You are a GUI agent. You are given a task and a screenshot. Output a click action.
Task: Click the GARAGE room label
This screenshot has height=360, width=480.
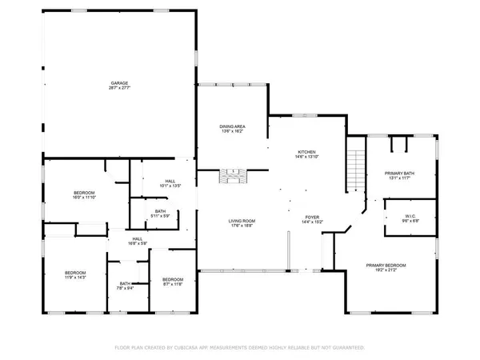(x=120, y=82)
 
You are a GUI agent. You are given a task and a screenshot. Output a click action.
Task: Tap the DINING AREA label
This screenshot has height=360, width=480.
(x=232, y=126)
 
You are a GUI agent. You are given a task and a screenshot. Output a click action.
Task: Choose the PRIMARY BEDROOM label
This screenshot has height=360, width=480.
(x=386, y=265)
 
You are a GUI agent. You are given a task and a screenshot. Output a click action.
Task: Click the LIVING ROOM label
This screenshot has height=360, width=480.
(x=241, y=221)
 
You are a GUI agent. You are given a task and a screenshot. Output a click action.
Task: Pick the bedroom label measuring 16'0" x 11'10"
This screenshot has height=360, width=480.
(x=85, y=193)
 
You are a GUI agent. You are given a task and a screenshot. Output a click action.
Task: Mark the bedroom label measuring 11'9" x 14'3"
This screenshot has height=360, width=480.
(x=75, y=273)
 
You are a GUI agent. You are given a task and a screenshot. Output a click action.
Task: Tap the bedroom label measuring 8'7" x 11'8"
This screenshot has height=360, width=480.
(x=173, y=279)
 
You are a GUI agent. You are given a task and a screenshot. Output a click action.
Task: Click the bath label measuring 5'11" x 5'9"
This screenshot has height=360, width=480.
(x=160, y=211)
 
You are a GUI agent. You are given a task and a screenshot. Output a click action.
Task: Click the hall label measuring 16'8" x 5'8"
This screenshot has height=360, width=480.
(x=138, y=239)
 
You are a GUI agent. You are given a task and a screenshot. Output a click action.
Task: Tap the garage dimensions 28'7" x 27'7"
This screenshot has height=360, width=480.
(x=120, y=87)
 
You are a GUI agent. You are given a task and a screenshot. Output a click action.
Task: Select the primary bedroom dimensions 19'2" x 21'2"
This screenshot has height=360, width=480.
(x=386, y=270)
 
